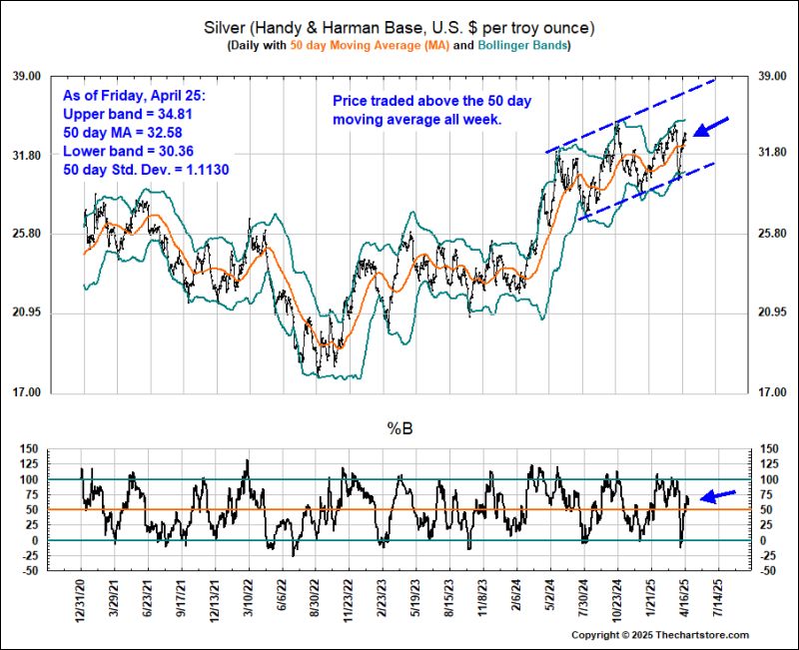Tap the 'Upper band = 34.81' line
tap(127, 115)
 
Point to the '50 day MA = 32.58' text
tap(127, 133)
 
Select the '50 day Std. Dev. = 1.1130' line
tap(146, 169)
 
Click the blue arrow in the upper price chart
tap(711, 127)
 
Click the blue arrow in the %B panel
tap(718, 494)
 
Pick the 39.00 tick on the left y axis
tap(52, 76)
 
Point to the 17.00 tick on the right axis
tap(775, 392)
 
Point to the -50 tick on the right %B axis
tap(770, 571)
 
